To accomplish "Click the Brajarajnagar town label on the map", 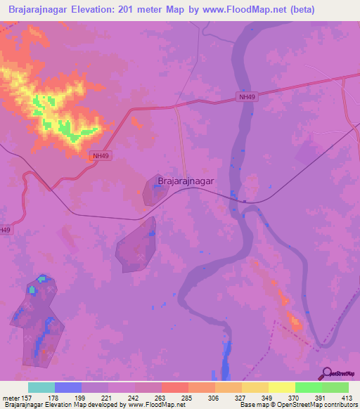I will (186, 181).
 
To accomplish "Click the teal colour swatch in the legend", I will (41, 387).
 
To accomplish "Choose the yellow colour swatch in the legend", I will (281, 387).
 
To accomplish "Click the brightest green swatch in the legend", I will (308, 387).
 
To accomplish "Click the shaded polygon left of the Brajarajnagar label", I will (153, 190).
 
